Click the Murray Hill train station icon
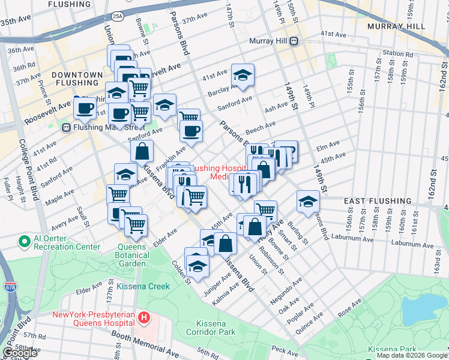pyautogui.click(x=294, y=41)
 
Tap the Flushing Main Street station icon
pyautogui.click(x=66, y=127)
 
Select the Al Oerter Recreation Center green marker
pyautogui.click(x=25, y=241)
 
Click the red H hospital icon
pyautogui.click(x=143, y=317)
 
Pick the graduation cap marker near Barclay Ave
pyautogui.click(x=243, y=75)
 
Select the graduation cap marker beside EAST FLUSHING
pyautogui.click(x=308, y=201)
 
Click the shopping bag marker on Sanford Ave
pyautogui.click(x=141, y=152)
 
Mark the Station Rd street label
pyautogui.click(x=397, y=53)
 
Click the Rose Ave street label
pyautogui.click(x=350, y=312)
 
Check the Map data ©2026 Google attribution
pyautogui.click(x=412, y=355)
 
